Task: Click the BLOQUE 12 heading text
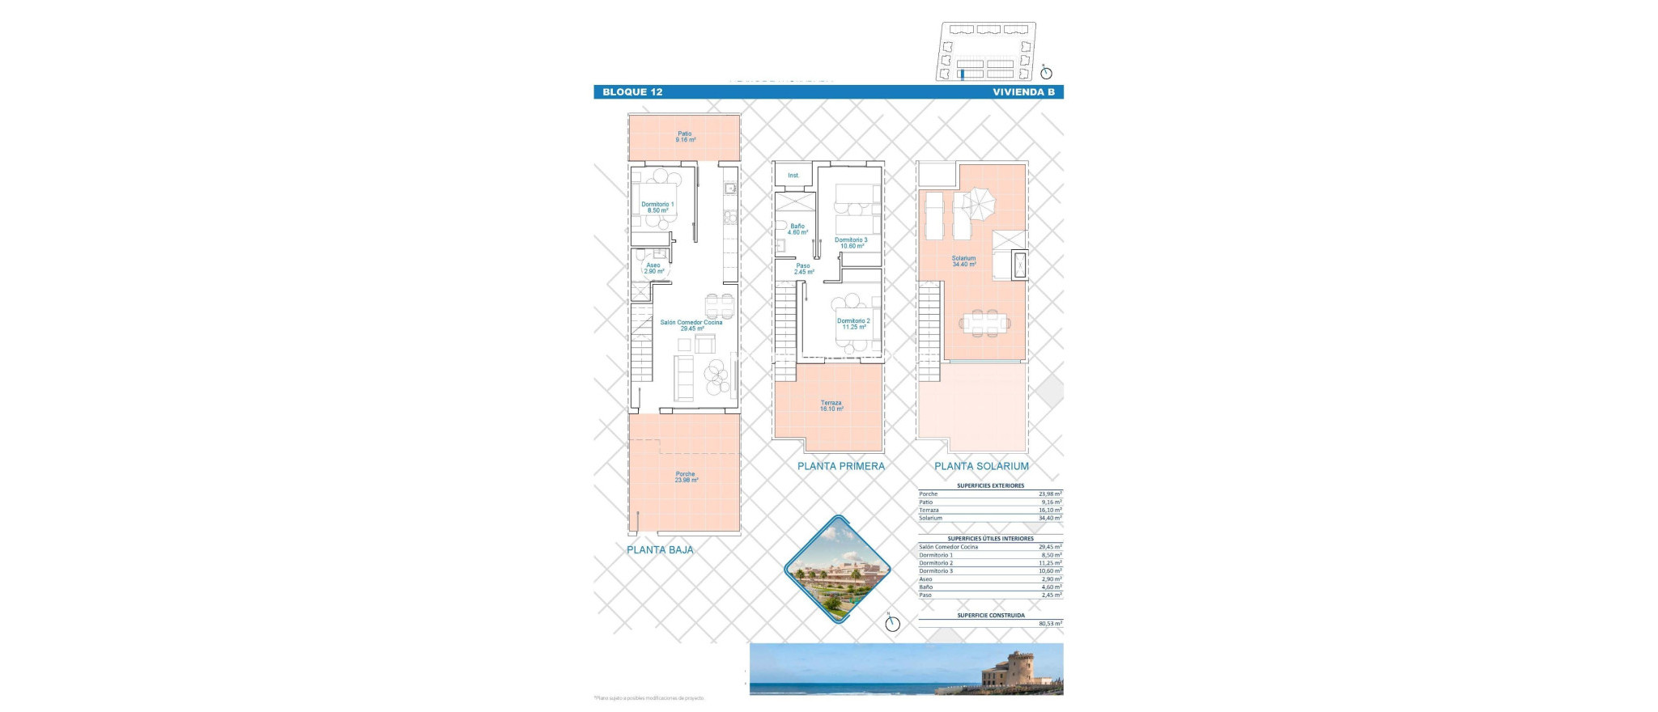coord(632,92)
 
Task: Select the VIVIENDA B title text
coord(1023,92)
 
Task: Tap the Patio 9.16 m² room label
coord(685,137)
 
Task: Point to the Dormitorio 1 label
coord(657,207)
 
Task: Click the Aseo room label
coord(653,268)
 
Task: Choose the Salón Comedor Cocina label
coord(691,325)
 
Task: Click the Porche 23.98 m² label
coord(686,477)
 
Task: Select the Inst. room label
coord(793,176)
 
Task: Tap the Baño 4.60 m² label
coord(797,229)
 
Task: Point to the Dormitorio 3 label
coord(851,243)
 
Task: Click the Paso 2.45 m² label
coord(803,269)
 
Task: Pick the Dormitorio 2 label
coord(853,324)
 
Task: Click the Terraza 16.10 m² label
coord(831,405)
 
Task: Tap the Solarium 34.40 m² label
coord(963,261)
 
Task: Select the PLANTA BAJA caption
coord(660,550)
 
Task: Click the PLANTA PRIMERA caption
coord(840,466)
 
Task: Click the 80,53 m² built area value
coord(1050,624)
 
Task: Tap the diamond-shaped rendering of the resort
coord(838,569)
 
